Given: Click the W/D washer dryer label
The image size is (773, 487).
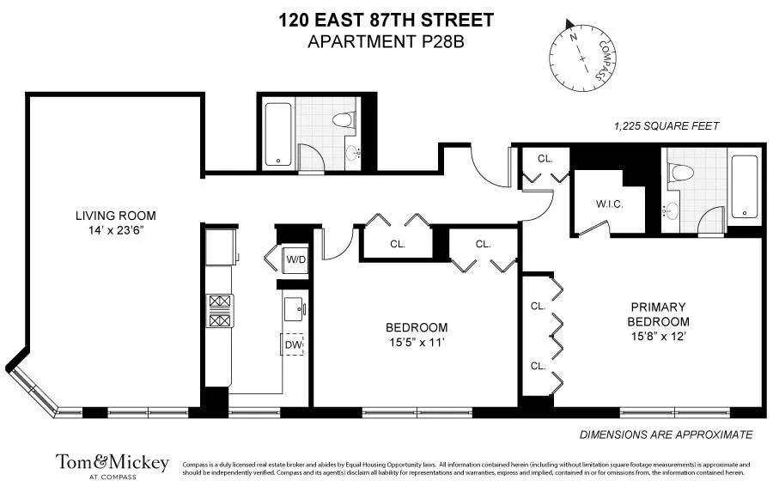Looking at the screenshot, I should [295, 259].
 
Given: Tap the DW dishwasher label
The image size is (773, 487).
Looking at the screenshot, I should [293, 344].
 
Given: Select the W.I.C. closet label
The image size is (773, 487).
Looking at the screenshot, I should [609, 204].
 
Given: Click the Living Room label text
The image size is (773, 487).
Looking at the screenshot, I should [115, 216].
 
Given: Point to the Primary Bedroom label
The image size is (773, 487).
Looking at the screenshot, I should [659, 314].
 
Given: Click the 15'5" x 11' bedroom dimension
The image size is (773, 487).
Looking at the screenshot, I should [417, 343].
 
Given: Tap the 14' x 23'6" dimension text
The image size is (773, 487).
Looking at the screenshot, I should [115, 231].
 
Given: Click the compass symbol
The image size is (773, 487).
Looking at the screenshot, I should [582, 56].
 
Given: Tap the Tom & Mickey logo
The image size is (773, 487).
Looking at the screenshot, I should [113, 464].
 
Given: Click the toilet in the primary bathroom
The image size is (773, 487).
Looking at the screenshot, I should [684, 171].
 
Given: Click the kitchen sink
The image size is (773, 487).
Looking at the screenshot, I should [293, 307].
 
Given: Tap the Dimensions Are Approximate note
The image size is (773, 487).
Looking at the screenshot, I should [666, 435].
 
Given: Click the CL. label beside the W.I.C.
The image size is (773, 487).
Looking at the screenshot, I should [545, 159].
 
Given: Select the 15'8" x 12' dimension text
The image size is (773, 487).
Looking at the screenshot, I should [659, 337].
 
